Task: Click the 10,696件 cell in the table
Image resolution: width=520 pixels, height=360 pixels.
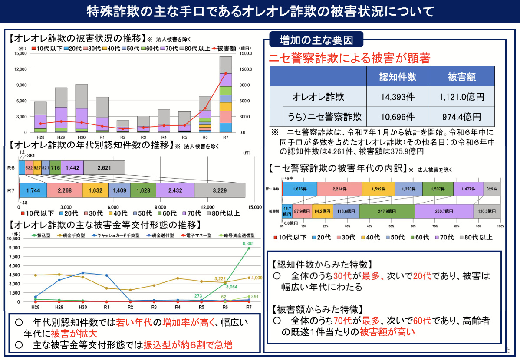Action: pyautogui.click(x=398, y=117)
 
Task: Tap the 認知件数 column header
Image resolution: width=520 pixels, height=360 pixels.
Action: pyautogui.click(x=398, y=77)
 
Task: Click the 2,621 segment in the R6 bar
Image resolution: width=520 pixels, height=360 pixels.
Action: pyautogui.click(x=104, y=167)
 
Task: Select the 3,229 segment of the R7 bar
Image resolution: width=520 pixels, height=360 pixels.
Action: pyautogui.click(x=220, y=190)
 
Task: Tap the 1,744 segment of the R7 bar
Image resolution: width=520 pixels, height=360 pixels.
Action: pyautogui.click(x=33, y=190)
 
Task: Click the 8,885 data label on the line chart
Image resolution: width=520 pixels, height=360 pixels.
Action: pyautogui.click(x=248, y=244)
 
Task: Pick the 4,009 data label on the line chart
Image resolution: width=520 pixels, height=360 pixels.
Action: pyautogui.click(x=256, y=278)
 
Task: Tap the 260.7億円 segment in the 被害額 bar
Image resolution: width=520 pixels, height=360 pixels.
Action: pyautogui.click(x=444, y=211)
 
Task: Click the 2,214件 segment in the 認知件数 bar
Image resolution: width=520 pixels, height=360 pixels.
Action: pyautogui.click(x=339, y=189)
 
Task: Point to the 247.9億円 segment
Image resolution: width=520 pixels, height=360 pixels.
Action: pyautogui.click(x=387, y=211)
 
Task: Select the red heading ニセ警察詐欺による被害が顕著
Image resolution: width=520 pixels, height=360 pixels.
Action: pyautogui.click(x=349, y=59)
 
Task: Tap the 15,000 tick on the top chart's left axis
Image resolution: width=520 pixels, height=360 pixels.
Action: pyautogui.click(x=20, y=53)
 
